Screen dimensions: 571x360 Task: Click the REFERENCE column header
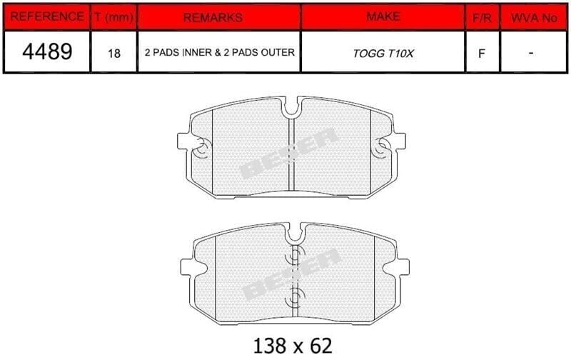(x=46, y=16)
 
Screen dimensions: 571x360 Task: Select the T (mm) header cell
(x=114, y=16)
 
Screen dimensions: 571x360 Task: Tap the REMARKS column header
(x=213, y=17)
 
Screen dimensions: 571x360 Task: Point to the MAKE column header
(x=383, y=16)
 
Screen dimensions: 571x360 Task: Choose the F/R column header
(x=482, y=18)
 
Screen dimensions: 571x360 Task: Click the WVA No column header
(x=534, y=18)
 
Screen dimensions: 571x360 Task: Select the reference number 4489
(x=47, y=51)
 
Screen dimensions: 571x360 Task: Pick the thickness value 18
(x=114, y=54)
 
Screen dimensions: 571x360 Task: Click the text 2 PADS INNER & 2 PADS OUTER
(x=220, y=52)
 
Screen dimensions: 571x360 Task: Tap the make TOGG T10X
(x=383, y=54)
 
